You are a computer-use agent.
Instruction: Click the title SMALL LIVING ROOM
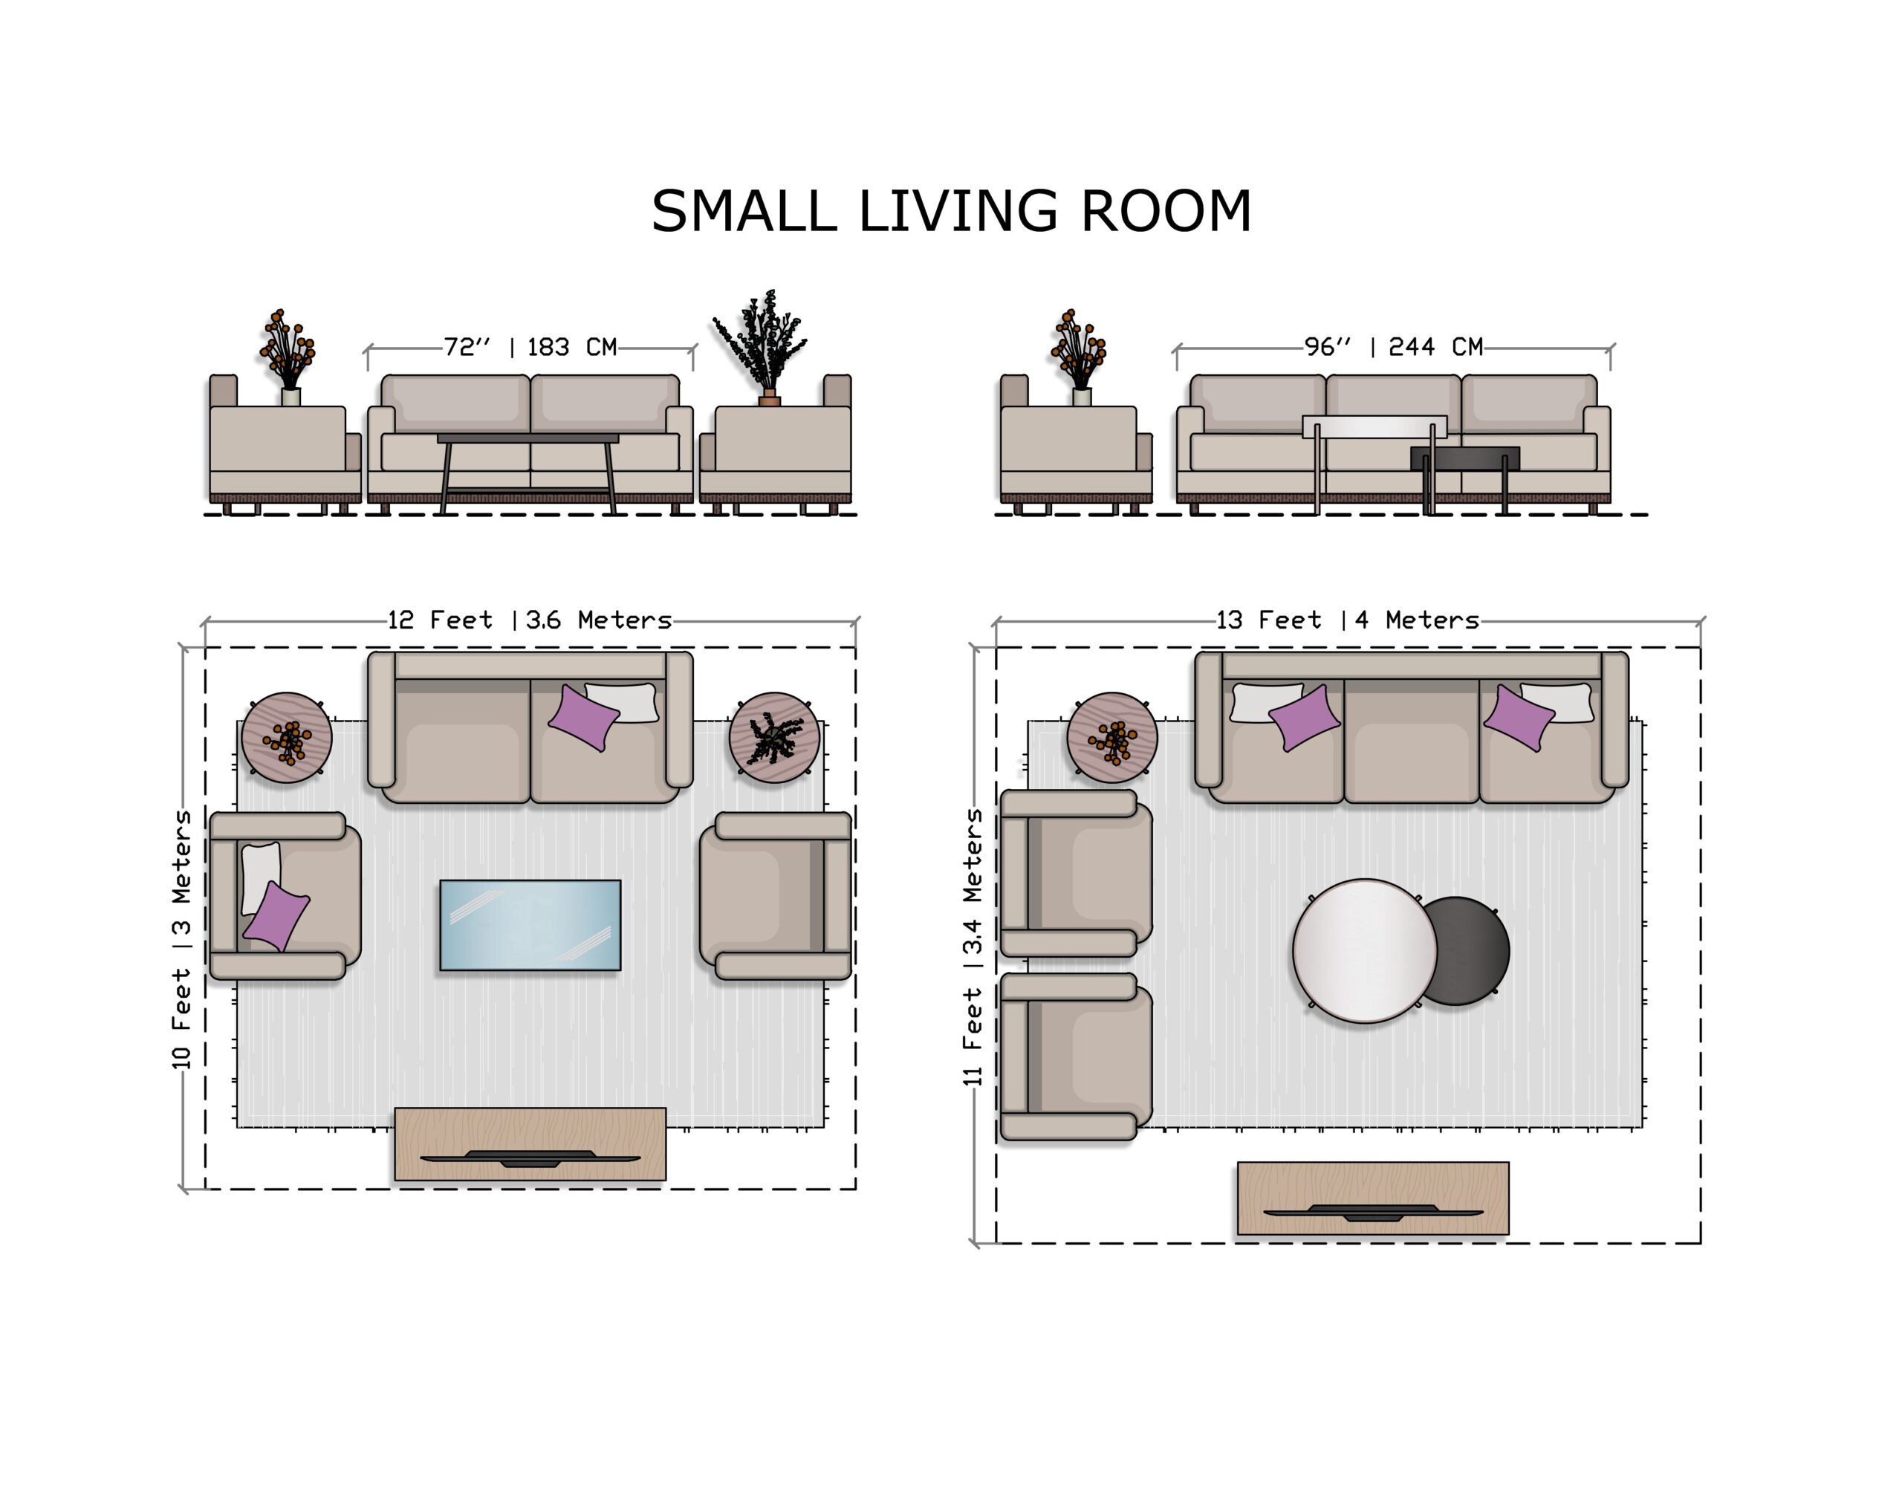(951, 212)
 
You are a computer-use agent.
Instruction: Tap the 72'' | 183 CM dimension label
(530, 347)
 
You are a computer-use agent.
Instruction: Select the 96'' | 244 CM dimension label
(1394, 347)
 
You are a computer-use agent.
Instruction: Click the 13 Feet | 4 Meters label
(1348, 620)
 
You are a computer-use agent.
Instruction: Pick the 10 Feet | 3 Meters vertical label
(181, 940)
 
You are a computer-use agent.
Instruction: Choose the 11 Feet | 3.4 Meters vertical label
(972, 947)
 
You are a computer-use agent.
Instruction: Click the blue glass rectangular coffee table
(530, 925)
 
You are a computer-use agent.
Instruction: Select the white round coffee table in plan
(1365, 951)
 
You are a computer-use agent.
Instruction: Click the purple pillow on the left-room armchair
(276, 916)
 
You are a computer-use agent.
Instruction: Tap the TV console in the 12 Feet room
(530, 1143)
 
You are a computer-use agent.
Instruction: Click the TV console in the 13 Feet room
(1373, 1198)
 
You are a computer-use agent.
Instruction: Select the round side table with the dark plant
(775, 738)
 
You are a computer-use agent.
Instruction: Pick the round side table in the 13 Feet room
(1112, 738)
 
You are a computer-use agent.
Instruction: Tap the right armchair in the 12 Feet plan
(776, 896)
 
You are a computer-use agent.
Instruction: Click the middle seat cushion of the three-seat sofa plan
(1412, 741)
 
